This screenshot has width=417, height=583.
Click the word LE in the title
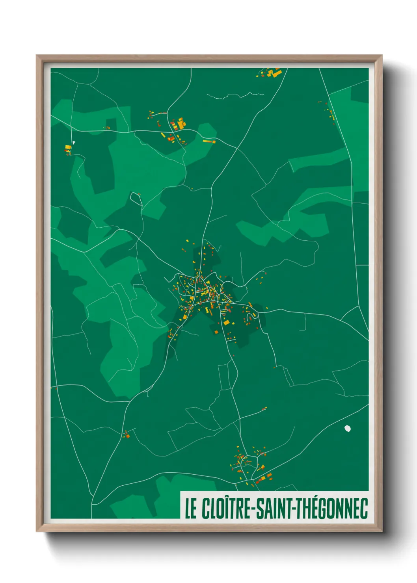point(191,509)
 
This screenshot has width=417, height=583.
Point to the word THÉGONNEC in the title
point(331,509)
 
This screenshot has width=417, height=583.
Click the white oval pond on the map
point(348,428)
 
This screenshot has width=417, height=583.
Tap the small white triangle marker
point(73,143)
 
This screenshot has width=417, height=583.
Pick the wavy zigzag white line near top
point(236,95)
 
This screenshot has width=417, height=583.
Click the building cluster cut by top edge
point(270,73)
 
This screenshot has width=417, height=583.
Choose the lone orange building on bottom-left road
point(127,435)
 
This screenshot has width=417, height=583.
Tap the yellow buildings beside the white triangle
point(68,149)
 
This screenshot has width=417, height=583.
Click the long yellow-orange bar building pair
point(209,141)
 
